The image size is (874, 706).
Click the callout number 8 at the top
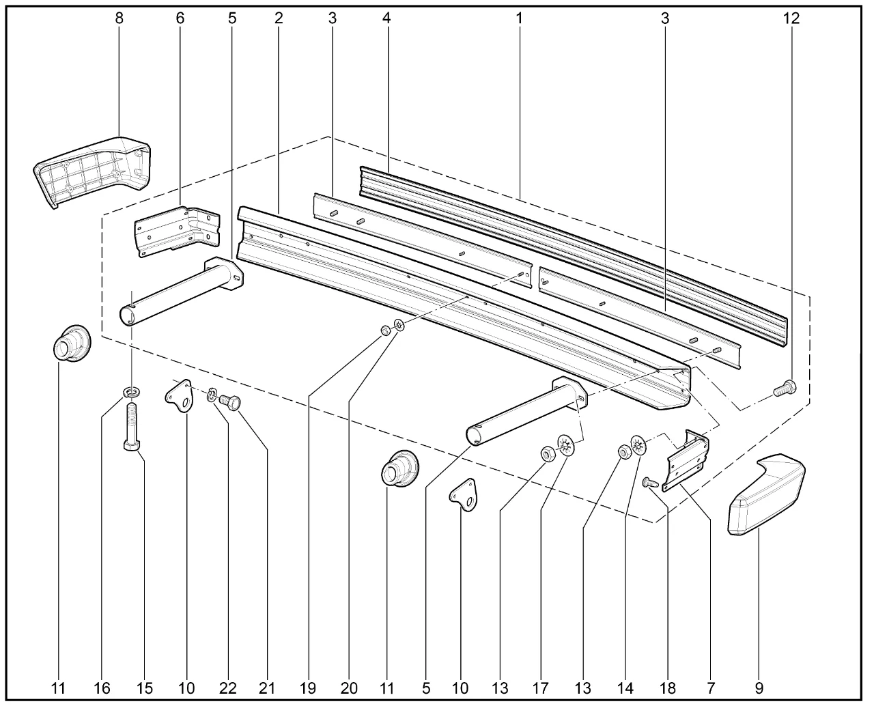click(119, 18)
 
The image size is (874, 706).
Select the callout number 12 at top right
click(791, 18)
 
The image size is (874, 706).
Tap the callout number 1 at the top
click(519, 18)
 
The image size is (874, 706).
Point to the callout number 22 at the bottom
click(228, 688)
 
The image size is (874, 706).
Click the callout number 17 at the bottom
click(540, 688)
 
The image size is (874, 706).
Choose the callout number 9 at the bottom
click(759, 688)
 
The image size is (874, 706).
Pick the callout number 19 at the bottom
click(308, 688)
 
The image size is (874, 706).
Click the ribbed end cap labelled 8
click(91, 171)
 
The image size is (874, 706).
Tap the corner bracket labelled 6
click(178, 231)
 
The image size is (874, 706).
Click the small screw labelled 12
click(785, 388)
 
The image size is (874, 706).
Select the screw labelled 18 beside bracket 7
click(650, 483)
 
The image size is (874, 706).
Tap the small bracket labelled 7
click(686, 460)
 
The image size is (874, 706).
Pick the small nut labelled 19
click(385, 330)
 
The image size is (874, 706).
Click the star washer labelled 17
click(566, 445)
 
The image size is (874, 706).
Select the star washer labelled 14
click(638, 444)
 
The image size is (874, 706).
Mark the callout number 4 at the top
click(386, 18)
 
